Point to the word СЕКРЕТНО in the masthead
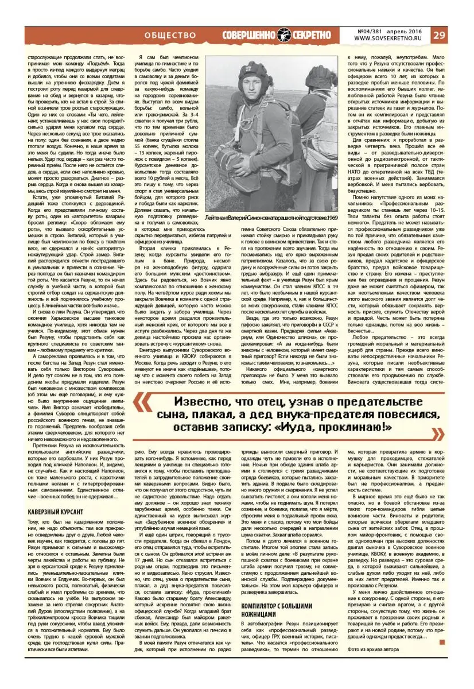(x=314, y=35)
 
